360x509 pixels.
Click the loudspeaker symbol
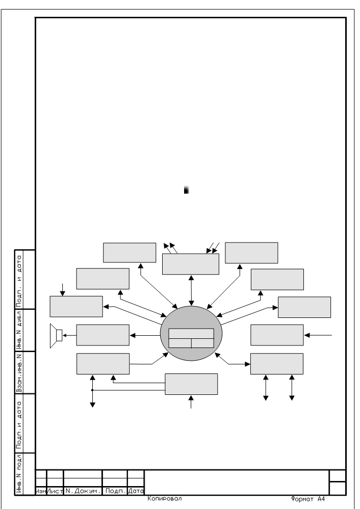[56, 336]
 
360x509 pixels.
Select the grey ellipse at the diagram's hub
[191, 333]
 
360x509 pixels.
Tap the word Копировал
[164, 499]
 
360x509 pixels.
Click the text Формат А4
[307, 499]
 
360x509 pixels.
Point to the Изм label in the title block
[41, 491]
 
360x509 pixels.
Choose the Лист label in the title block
[55, 491]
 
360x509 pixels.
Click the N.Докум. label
[83, 491]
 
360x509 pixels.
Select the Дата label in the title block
[136, 491]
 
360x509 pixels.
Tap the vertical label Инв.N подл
[19, 474]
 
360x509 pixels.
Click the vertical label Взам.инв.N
[19, 372]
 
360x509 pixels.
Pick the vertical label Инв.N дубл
[19, 330]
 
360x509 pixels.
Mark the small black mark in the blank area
[186, 190]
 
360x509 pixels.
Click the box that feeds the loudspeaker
[102, 335]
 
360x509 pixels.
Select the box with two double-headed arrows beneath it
[277, 364]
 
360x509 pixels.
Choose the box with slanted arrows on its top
[190, 264]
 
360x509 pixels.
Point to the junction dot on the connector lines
[92, 390]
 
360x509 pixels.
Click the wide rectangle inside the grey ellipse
[191, 333]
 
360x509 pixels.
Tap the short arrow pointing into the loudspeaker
[69, 335]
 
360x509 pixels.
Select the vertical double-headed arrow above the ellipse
[191, 290]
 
